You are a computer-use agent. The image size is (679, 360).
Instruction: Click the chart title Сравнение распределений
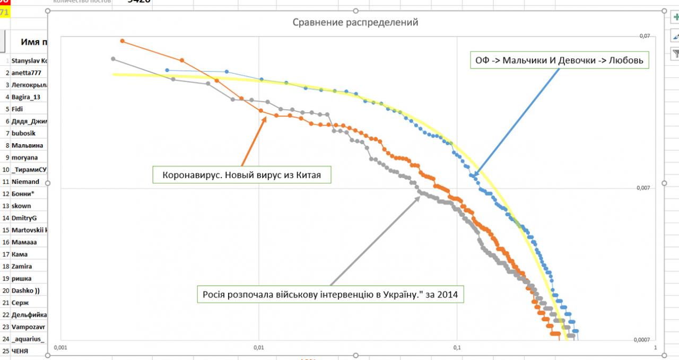click(x=355, y=22)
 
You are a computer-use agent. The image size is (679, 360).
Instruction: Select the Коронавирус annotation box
click(x=241, y=175)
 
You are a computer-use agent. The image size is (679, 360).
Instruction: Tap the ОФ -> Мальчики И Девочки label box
click(x=559, y=60)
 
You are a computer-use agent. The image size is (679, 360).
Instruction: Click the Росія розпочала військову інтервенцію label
click(x=330, y=294)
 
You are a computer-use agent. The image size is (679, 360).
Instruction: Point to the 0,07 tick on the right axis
click(x=644, y=36)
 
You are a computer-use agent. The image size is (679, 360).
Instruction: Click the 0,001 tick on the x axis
click(x=61, y=348)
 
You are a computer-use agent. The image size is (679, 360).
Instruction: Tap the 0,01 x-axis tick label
click(x=258, y=348)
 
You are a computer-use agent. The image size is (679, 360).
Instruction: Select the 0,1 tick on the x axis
click(x=457, y=348)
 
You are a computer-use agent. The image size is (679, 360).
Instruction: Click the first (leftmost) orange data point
click(x=123, y=41)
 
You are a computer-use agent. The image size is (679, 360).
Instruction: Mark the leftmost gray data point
click(x=113, y=59)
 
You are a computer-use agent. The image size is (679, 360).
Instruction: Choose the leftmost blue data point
click(x=167, y=70)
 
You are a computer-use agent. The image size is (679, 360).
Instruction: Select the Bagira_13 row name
click(x=26, y=97)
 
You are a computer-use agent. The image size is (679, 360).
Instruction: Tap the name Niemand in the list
click(x=25, y=181)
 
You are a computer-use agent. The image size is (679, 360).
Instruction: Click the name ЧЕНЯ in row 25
click(x=20, y=351)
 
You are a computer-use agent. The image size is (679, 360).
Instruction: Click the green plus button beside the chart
click(x=675, y=17)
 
